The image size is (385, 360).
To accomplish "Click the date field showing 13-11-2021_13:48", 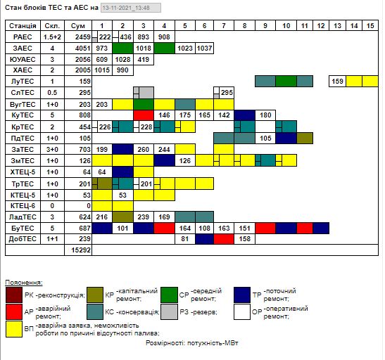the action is [131, 8].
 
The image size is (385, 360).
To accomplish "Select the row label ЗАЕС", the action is [23, 49].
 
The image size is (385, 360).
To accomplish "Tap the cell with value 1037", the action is [205, 49].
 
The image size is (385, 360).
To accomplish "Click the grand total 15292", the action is [81, 250].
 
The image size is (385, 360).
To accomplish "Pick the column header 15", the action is [370, 26].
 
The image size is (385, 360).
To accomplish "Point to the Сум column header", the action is [78, 26].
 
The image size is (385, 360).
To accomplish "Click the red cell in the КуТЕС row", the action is [144, 115].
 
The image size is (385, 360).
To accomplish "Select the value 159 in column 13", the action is [337, 82].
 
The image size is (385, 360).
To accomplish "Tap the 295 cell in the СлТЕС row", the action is [227, 93].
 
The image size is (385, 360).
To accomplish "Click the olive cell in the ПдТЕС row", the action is [305, 139].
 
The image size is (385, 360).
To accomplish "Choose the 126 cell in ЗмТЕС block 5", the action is [185, 161].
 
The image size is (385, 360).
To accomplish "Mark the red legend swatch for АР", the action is [14, 312].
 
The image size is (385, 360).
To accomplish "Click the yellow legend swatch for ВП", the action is [14, 329].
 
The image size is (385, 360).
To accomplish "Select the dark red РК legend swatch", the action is [14, 295].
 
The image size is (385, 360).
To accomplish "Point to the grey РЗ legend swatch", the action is [169, 312].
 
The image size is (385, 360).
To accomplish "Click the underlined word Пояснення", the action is [24, 283].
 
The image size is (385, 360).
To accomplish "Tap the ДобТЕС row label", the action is [23, 239].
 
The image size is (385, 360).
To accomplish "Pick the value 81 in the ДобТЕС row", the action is [185, 239].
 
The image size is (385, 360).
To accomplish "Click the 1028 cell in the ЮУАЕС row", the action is [122, 60].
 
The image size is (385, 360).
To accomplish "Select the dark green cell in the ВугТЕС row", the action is [144, 105].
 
